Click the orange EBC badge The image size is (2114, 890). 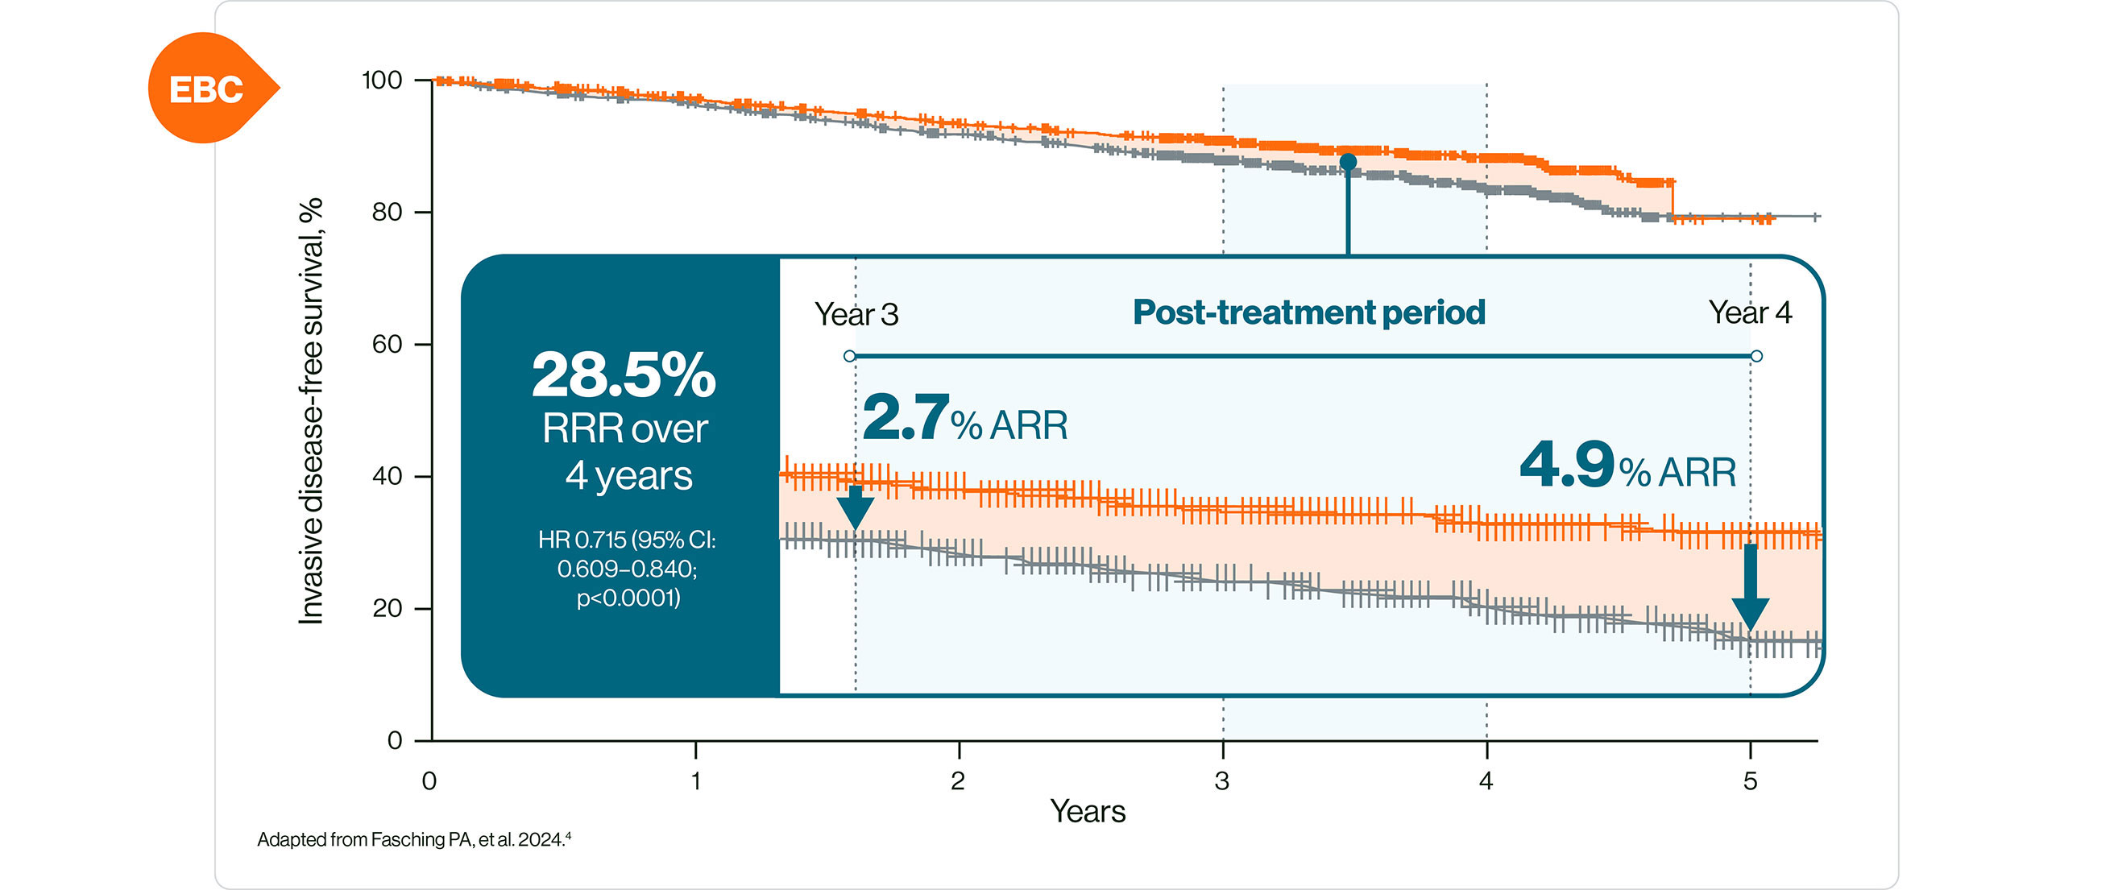pos(207,89)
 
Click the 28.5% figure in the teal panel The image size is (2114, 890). pos(624,375)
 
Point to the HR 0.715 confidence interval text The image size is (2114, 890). pos(627,569)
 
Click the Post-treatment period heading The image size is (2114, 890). pos(1309,313)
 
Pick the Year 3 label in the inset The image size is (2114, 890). pos(856,314)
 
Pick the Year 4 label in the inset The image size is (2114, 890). pos(1750,313)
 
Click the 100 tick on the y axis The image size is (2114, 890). pos(382,81)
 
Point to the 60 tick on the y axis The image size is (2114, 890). pos(387,345)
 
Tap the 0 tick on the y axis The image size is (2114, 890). pos(395,741)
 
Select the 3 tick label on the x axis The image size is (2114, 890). pos(1222,781)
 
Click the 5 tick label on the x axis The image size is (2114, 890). pos(1750,781)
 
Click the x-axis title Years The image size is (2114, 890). pos(1088,811)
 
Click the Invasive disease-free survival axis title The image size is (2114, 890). pos(311,410)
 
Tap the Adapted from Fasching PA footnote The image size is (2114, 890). pos(413,839)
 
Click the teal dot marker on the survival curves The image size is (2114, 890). pos(1348,163)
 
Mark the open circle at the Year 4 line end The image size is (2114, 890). pos(1756,356)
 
